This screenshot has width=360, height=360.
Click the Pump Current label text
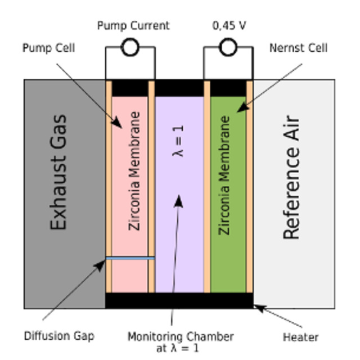[x=133, y=26]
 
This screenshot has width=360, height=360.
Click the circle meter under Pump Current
[x=130, y=48]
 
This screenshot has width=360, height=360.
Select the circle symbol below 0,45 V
[x=228, y=48]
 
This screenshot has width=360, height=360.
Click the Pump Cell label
[x=48, y=48]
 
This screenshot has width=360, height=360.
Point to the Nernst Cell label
[x=298, y=48]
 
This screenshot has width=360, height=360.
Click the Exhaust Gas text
[x=58, y=172]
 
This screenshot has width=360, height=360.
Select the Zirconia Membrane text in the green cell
[x=224, y=175]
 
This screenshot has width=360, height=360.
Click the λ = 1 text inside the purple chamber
[x=180, y=141]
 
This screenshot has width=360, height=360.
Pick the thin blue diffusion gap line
[x=130, y=258]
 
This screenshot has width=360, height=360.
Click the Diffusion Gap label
[x=59, y=336]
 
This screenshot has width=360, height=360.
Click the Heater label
[x=300, y=337]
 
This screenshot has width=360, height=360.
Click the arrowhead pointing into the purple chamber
[x=178, y=201]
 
